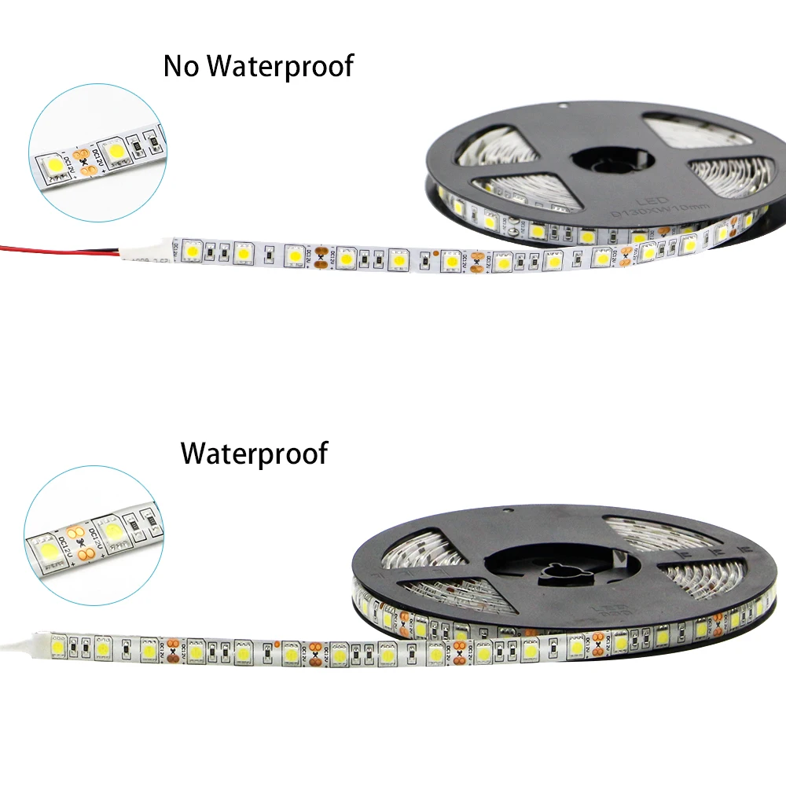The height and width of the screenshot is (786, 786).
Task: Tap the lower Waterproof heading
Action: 254,454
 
